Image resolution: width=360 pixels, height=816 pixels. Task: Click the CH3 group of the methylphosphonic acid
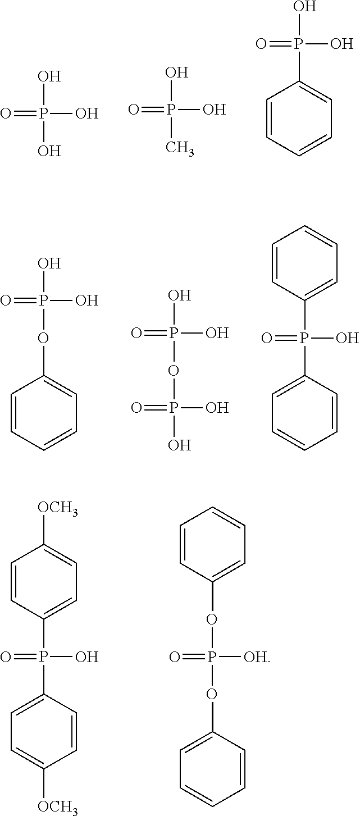180,148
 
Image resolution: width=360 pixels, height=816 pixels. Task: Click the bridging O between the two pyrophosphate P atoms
174,371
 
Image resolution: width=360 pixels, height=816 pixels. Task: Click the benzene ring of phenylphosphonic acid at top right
299,118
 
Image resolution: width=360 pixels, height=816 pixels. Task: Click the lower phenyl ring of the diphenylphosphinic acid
304,413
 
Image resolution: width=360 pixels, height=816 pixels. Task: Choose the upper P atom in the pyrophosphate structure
174,334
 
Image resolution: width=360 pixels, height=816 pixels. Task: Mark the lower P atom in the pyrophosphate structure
174,408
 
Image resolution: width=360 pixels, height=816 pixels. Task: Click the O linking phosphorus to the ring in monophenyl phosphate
44,338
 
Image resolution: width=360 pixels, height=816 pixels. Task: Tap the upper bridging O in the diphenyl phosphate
212,619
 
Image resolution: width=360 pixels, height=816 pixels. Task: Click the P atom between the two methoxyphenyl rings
44,657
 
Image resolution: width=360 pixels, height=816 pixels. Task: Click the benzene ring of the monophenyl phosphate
44,413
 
